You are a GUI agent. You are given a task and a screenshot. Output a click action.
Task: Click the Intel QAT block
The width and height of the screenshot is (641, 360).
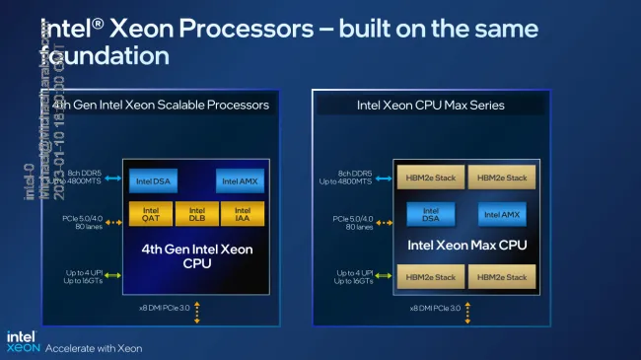pyautogui.click(x=150, y=212)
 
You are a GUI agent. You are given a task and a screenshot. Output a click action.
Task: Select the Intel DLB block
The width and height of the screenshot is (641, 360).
pyautogui.click(x=196, y=212)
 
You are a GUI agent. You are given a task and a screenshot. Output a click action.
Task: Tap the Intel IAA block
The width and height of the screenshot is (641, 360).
pyautogui.click(x=242, y=212)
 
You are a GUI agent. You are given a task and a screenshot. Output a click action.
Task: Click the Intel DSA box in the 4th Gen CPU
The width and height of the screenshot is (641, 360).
pyautogui.click(x=152, y=180)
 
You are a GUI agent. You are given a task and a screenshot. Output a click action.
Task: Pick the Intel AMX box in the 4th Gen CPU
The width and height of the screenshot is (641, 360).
pyautogui.click(x=239, y=180)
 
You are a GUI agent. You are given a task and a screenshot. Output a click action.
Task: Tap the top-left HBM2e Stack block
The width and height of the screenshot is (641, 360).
pyautogui.click(x=428, y=178)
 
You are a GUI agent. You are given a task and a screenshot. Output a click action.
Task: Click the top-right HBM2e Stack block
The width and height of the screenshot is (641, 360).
pyautogui.click(x=503, y=178)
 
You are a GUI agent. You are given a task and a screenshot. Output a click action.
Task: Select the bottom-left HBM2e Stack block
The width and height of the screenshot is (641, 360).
pyautogui.click(x=428, y=277)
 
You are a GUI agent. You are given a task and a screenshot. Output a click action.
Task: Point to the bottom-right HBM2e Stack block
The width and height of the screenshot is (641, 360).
pyautogui.click(x=503, y=277)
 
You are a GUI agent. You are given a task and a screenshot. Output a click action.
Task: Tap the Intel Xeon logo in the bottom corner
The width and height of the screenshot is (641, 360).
pyautogui.click(x=23, y=341)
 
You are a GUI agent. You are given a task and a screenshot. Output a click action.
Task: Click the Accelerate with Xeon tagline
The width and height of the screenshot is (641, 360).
pyautogui.click(x=95, y=347)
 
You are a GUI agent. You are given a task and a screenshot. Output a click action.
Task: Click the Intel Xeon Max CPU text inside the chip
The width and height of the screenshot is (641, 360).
pyautogui.click(x=465, y=245)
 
